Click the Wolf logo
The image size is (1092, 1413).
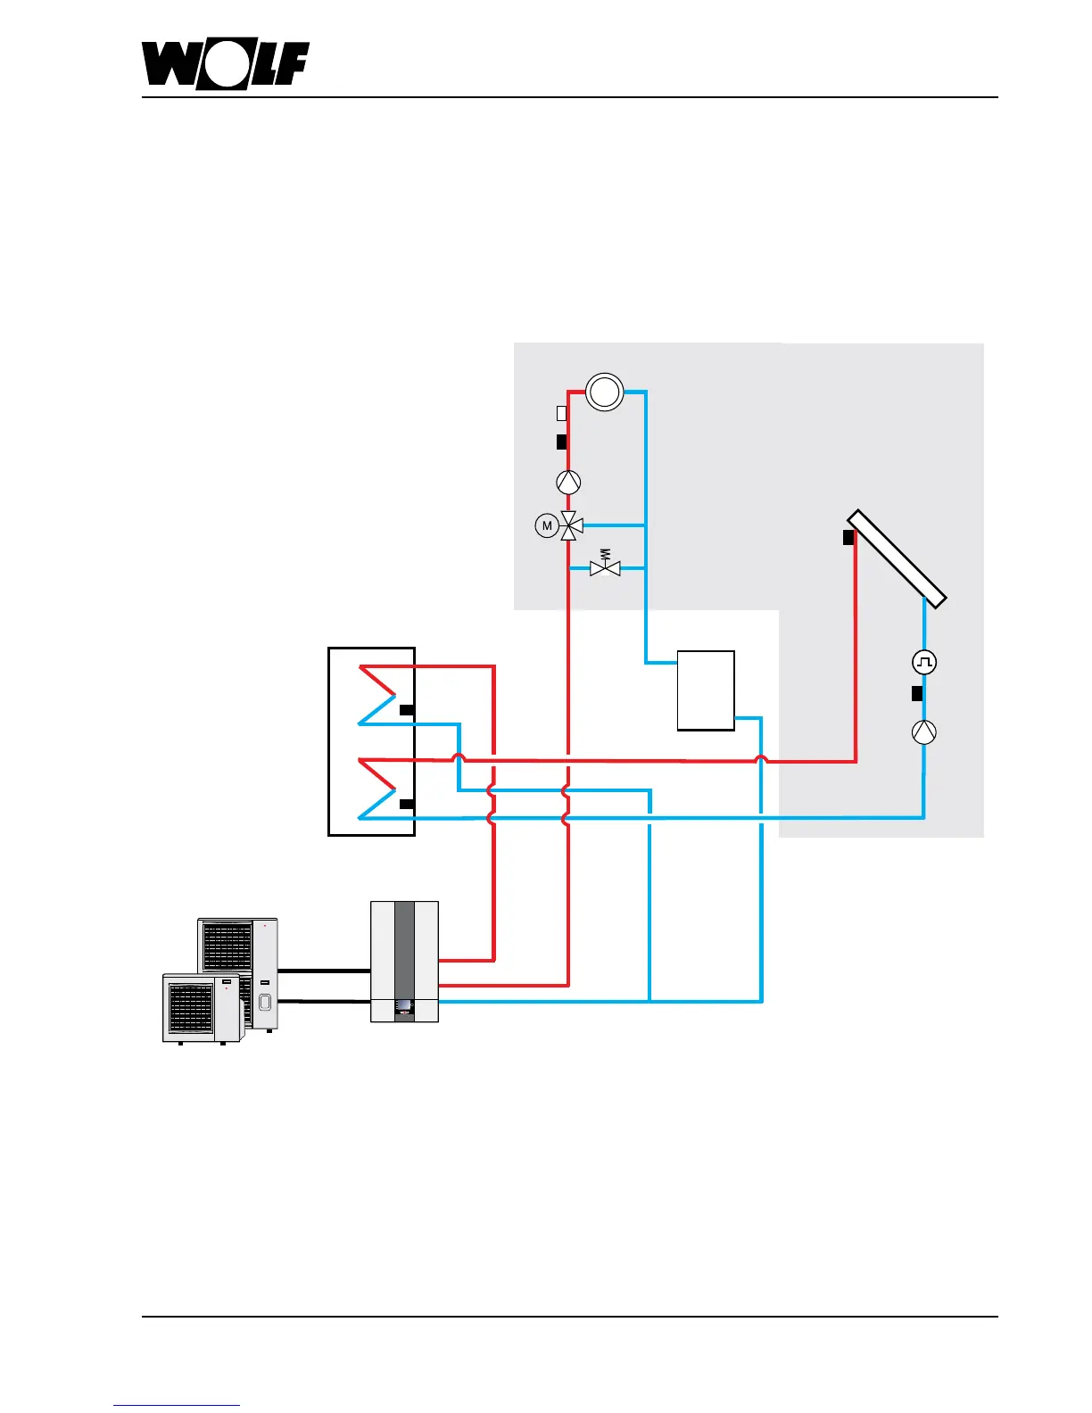point(225,65)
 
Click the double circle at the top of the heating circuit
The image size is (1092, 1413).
point(604,392)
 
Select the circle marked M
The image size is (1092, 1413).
point(547,526)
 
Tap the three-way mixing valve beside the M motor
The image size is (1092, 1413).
point(569,526)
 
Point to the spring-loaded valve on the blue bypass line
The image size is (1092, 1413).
point(605,566)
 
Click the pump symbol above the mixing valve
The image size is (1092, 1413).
point(568,483)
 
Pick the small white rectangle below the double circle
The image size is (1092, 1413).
point(561,414)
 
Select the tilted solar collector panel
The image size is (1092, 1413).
point(896,557)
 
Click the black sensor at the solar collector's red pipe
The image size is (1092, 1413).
point(848,538)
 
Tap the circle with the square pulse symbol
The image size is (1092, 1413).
point(924,662)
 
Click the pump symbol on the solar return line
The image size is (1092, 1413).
point(924,732)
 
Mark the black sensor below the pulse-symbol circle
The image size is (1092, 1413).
point(916,693)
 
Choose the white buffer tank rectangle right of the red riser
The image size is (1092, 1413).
point(706,690)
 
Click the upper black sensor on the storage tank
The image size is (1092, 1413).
point(406,710)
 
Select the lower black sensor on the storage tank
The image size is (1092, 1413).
point(406,804)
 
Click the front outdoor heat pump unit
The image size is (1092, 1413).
point(201,1008)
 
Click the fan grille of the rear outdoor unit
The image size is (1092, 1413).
point(227,946)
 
